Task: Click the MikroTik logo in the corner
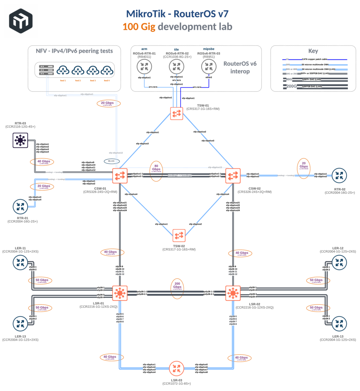coord(21,21)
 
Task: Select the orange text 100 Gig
coord(139,27)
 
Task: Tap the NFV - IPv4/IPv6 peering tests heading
coord(74,51)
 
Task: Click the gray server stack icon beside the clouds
coord(47,69)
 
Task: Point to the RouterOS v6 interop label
coord(240,67)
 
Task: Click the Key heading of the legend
coord(313,51)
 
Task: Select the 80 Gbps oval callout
coord(156,171)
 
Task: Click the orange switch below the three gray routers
coord(177,113)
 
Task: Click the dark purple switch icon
coord(20,140)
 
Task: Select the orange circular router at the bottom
coord(176,368)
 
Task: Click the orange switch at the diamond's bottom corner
coord(179,236)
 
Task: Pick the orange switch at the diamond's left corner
coord(120,176)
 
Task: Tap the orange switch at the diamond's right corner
coord(233,176)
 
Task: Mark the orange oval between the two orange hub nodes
coord(177,288)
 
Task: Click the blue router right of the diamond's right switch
coord(339,176)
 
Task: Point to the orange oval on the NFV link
coord(108,103)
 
